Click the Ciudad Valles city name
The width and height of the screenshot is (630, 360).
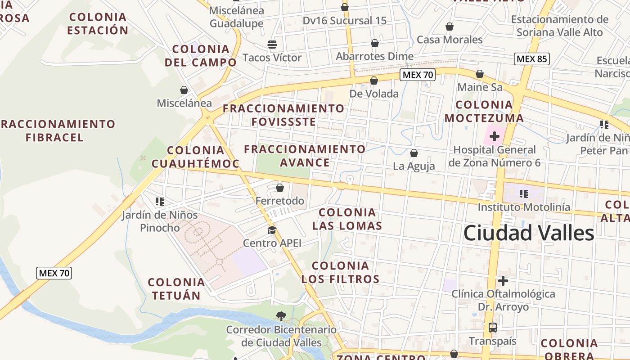point(528,234)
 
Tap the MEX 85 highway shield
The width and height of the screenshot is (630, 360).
point(531,59)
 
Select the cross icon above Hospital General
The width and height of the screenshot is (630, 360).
point(495,136)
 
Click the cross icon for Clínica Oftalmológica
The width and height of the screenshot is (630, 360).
point(503,281)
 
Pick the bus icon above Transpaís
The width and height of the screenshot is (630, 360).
point(493,328)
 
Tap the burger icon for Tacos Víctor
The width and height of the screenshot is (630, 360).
point(272,44)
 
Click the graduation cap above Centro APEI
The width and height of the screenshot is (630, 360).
point(272,230)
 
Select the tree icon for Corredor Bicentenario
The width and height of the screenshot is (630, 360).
point(281,316)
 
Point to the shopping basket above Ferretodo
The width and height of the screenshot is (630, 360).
point(280,188)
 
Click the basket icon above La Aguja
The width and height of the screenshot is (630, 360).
point(414,153)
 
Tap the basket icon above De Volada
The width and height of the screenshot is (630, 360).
point(374,81)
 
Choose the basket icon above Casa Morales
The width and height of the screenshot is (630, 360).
point(449,27)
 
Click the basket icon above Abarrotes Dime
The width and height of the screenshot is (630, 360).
point(375,43)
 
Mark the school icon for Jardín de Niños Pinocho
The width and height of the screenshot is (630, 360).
point(159,202)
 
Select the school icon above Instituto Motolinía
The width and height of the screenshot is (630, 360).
point(523,194)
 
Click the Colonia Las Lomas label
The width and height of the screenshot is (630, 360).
point(347,219)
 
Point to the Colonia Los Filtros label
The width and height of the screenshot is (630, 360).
point(340,272)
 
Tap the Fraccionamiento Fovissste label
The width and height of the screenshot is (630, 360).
point(283,115)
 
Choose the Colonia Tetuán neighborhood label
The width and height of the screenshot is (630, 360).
point(176,289)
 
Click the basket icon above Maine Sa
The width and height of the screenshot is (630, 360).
point(480,74)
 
